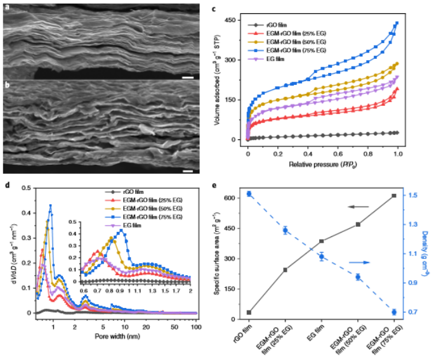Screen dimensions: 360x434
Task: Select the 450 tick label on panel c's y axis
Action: click(x=235, y=21)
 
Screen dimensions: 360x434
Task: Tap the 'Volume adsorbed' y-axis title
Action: click(x=219, y=80)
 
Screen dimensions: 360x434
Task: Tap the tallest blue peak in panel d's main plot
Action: click(x=50, y=205)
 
